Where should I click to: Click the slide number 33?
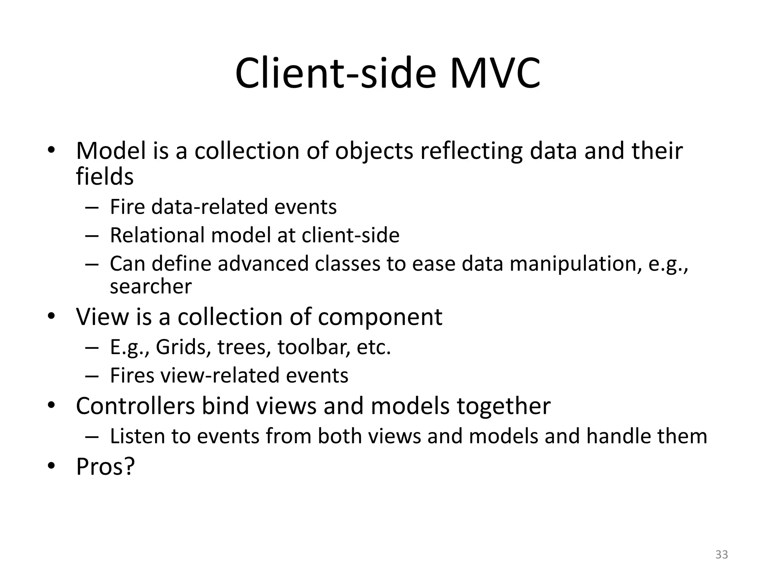722,555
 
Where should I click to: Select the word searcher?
151,286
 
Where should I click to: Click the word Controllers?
135,406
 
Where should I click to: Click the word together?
503,406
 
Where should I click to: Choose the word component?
380,317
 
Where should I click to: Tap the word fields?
104,177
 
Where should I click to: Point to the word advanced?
263,264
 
